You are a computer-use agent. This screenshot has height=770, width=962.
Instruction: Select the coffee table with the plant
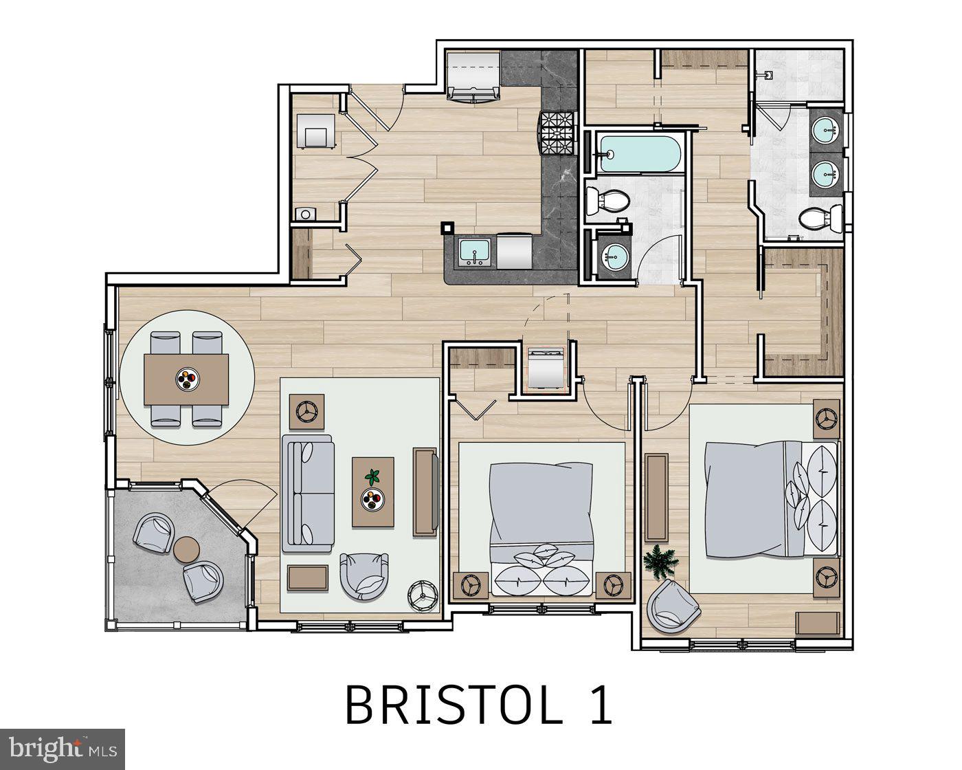373,492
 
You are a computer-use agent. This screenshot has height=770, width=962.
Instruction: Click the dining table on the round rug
186,379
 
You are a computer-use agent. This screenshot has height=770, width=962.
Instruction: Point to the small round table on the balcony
186,549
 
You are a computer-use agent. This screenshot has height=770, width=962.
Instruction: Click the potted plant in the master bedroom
660,562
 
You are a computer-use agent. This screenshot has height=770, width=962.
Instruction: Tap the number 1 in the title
599,705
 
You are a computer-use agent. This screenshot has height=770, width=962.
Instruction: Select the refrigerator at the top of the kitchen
473,76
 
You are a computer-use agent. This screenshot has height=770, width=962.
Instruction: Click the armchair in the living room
364,575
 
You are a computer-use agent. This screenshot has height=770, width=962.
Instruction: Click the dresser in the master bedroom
657,497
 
